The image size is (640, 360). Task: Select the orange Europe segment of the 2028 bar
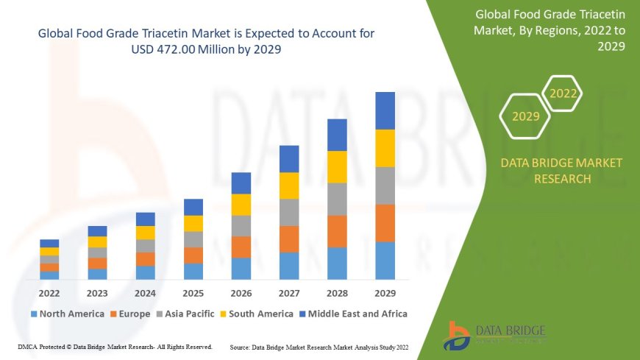(x=337, y=231)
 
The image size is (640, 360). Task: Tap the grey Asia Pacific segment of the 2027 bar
(x=289, y=212)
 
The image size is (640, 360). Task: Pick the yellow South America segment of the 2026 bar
(x=241, y=205)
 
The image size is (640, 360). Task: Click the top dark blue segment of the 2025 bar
(x=193, y=207)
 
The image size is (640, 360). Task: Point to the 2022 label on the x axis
(x=50, y=292)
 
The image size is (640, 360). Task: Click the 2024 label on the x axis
(x=146, y=292)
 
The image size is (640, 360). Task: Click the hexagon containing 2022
(x=563, y=93)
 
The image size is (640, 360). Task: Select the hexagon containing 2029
(x=525, y=116)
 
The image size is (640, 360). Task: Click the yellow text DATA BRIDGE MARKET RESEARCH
(x=561, y=171)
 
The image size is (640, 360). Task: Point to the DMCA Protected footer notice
(x=114, y=346)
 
